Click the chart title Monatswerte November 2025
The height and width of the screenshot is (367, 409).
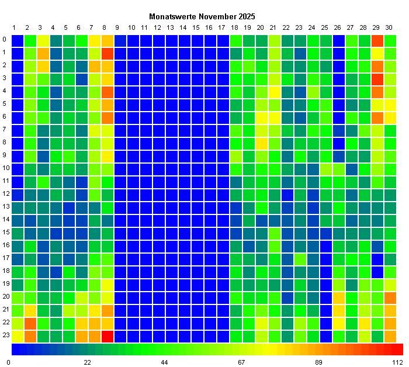click(202, 16)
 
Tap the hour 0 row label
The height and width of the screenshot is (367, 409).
click(5, 40)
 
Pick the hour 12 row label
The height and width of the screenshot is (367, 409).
click(5, 195)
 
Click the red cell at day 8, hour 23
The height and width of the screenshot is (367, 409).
click(108, 336)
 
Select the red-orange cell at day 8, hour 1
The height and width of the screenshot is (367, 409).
click(108, 53)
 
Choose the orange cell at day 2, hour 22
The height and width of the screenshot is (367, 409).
click(30, 323)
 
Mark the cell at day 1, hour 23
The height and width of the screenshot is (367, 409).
click(18, 336)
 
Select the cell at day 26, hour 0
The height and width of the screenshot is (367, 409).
click(338, 40)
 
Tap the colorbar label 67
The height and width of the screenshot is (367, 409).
click(241, 362)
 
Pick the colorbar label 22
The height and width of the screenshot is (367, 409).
click(87, 362)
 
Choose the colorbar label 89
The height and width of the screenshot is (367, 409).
click(318, 362)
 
